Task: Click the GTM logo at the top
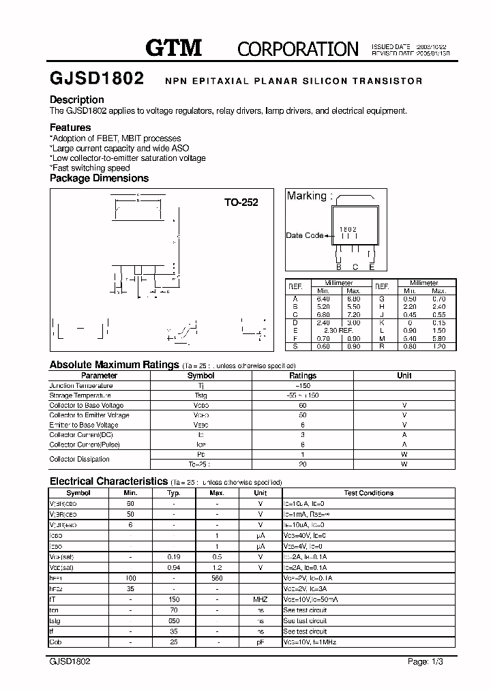[175, 48]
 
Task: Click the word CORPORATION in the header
[297, 48]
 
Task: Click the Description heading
[77, 100]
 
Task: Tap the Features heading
[70, 127]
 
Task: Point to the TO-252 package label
[241, 202]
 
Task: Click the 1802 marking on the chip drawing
[348, 229]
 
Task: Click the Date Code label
[304, 236]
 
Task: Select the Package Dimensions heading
[99, 178]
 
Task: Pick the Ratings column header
[303, 376]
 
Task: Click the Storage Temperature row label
[80, 395]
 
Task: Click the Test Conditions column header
[368, 493]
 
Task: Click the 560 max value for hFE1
[217, 578]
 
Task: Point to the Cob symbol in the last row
[55, 642]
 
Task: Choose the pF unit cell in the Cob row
[261, 642]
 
